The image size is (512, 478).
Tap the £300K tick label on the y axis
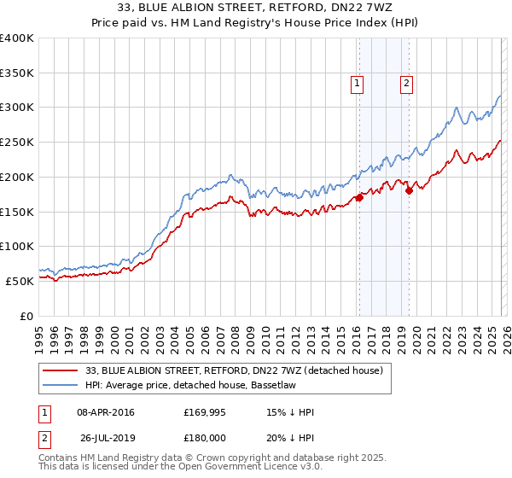(x=17, y=108)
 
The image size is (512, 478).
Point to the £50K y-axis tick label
(x=20, y=280)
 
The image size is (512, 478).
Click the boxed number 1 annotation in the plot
(x=356, y=83)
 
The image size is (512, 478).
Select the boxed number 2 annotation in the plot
(x=405, y=83)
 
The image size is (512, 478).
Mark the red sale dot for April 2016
(x=359, y=197)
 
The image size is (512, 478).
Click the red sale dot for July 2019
(x=409, y=190)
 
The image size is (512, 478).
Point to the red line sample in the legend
(x=61, y=370)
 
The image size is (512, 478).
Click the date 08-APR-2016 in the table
(x=105, y=412)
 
